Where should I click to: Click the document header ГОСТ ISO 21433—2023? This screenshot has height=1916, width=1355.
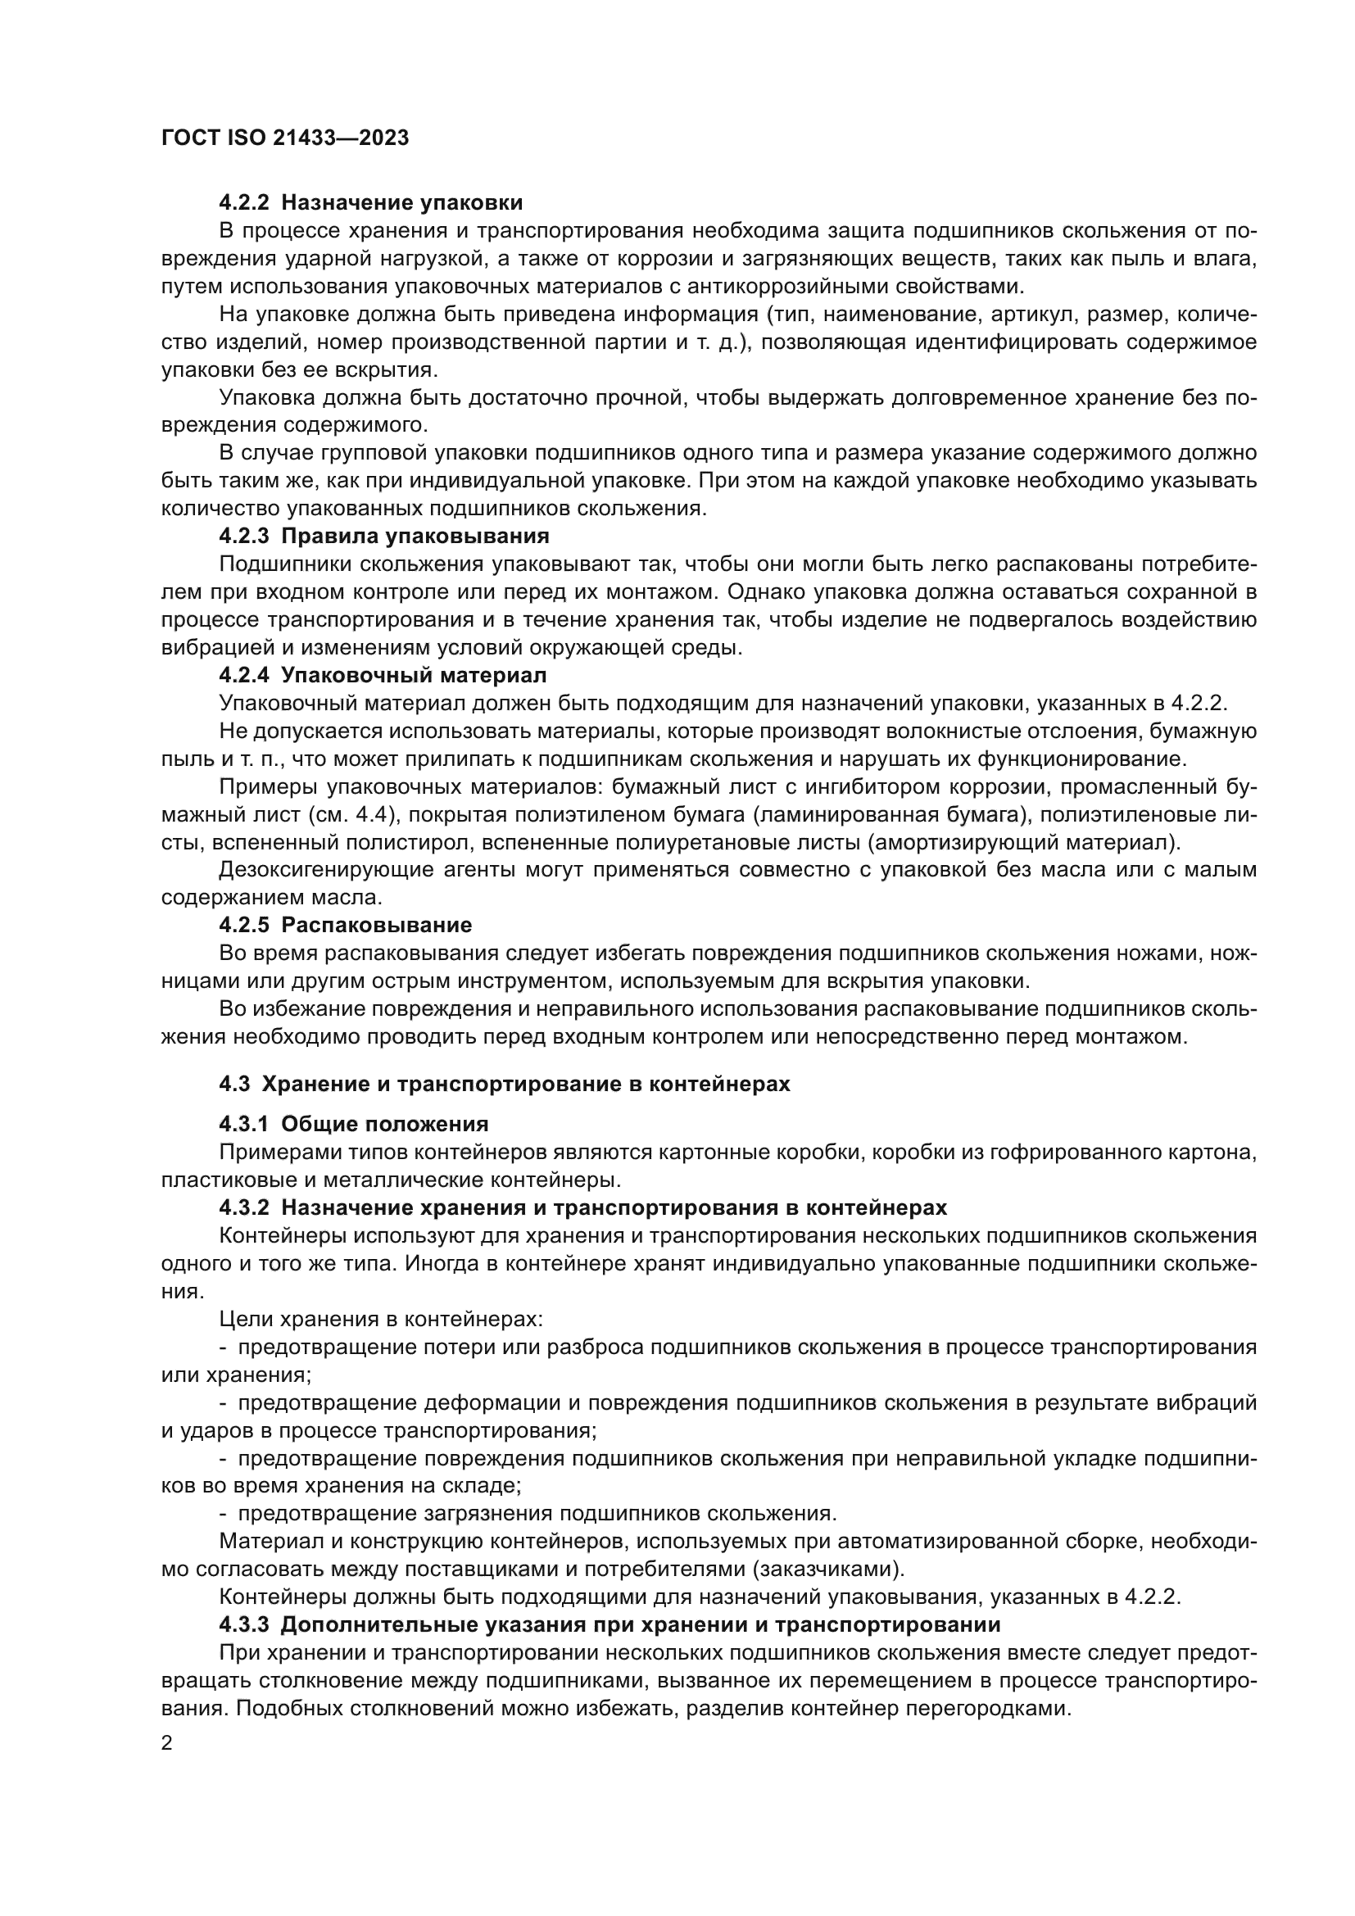point(284,138)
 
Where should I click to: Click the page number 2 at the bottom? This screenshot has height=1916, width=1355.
point(167,1743)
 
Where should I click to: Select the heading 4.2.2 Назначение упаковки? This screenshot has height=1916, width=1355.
point(370,203)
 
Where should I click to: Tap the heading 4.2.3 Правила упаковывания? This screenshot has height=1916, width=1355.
point(383,536)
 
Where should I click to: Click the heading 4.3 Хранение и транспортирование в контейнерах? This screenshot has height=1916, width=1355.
point(504,1084)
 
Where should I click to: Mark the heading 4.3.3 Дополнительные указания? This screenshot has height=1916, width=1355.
point(609,1624)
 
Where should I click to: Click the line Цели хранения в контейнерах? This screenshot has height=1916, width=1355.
point(380,1320)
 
